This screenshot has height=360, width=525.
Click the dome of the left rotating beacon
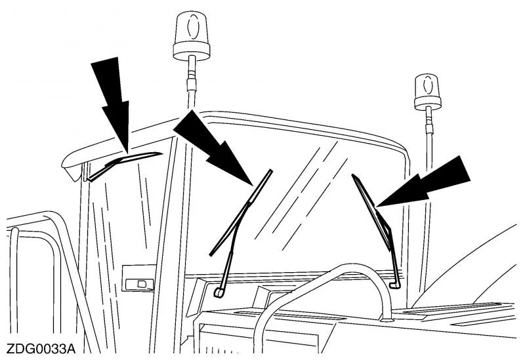tap(191, 28)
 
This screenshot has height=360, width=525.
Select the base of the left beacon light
tap(191, 49)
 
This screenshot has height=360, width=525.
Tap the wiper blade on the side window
tap(125, 161)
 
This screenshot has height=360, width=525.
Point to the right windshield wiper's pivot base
tap(395, 283)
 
